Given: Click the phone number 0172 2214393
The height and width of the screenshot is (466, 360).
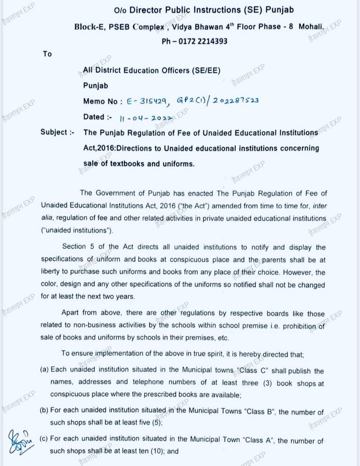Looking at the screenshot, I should coord(203,41).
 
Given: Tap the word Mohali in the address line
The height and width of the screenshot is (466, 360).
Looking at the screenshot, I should coord(311,27).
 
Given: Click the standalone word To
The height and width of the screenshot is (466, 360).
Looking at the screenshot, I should coord(47,54).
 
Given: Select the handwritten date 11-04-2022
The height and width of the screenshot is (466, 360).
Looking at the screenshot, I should coord(146,118).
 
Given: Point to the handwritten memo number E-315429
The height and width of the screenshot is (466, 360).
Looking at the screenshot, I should coord(147,102).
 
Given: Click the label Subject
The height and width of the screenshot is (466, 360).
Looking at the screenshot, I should coord(54,132).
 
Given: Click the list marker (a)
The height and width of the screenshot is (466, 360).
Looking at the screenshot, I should coord(44,369).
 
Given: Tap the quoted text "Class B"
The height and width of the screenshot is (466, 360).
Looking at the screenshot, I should coord(261,411).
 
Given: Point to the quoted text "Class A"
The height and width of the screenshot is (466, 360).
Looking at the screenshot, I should coord(258,440).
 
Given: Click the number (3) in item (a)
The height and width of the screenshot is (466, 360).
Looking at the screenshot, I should coord(267,383).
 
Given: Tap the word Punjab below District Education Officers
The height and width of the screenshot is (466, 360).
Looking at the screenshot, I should coord(96,86).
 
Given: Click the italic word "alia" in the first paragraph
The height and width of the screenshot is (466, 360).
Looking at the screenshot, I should coord(47,218).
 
